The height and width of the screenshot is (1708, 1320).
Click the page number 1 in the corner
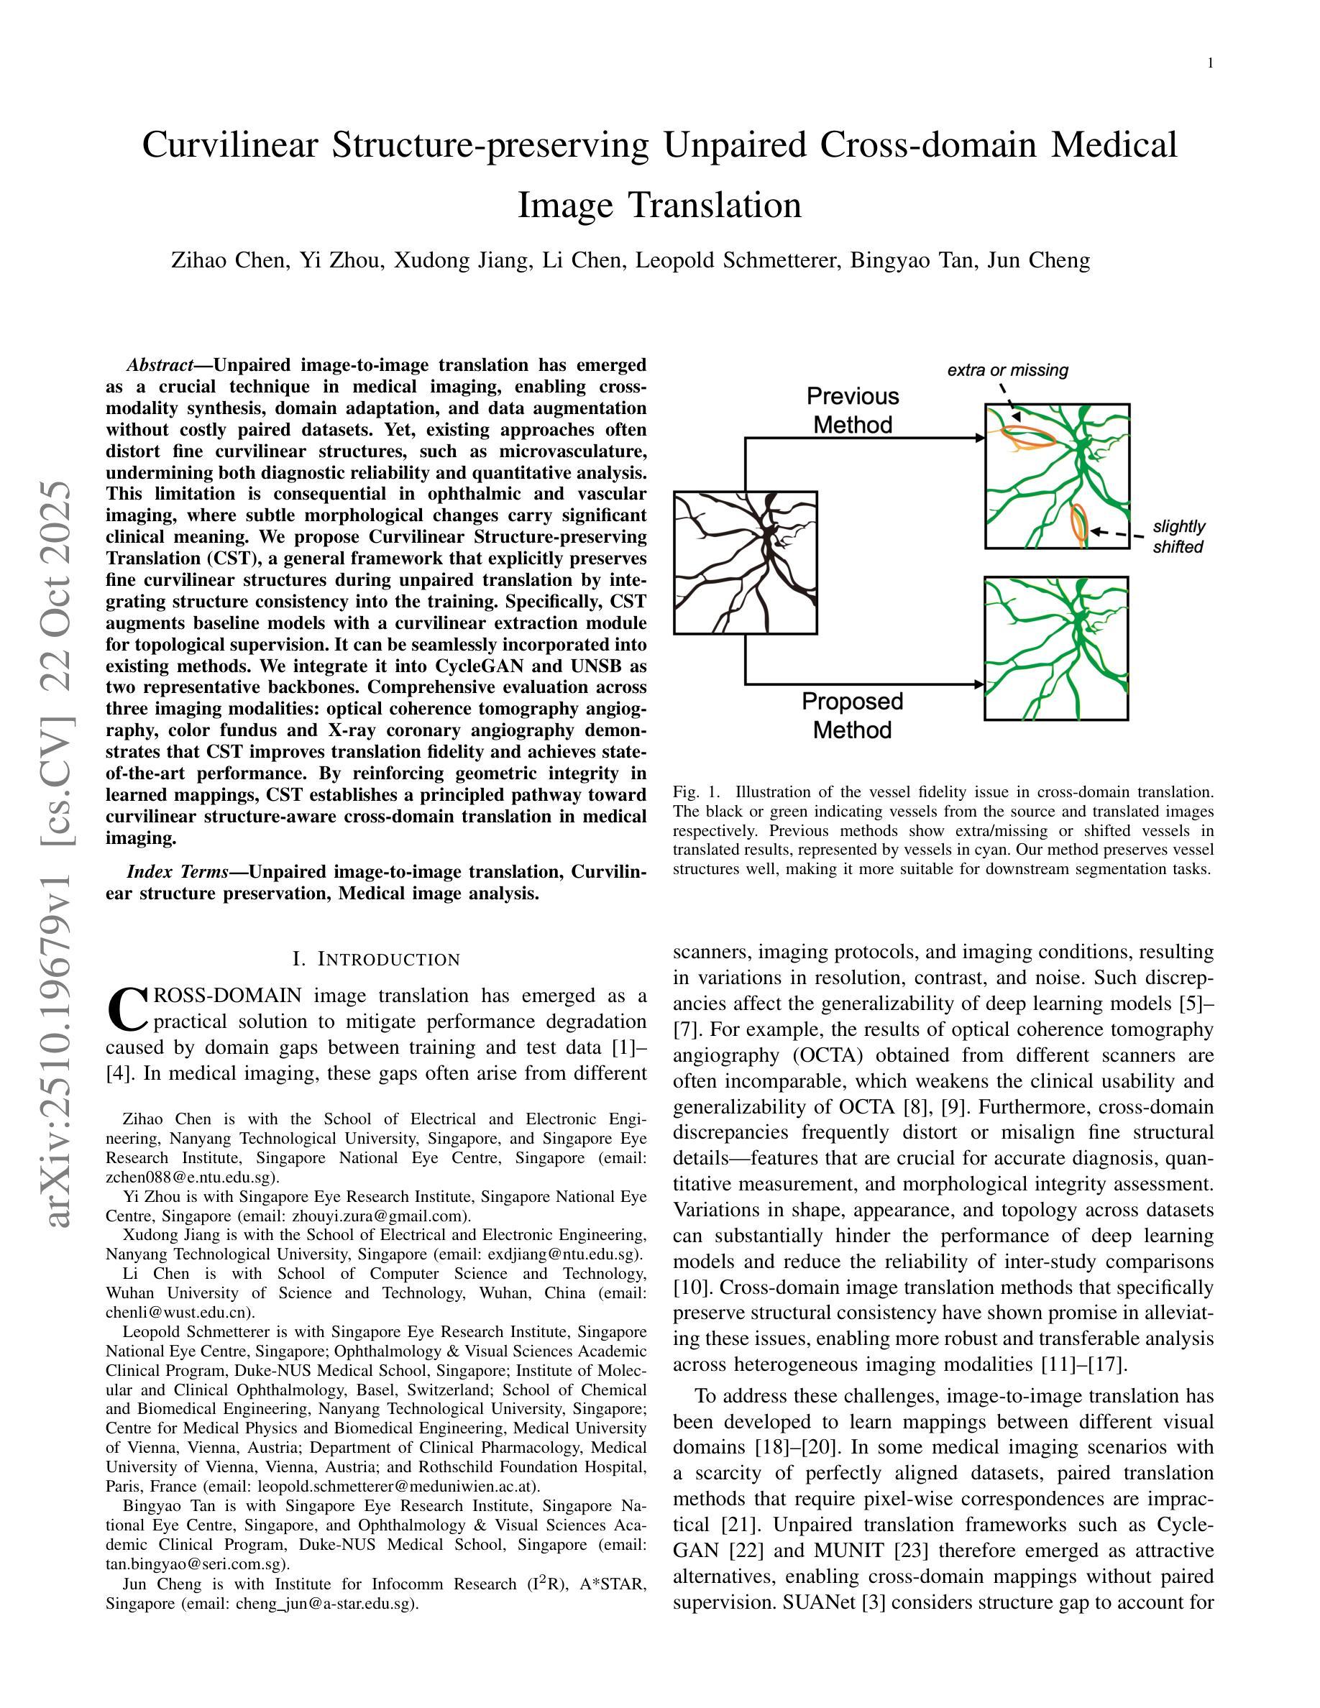click(x=1211, y=64)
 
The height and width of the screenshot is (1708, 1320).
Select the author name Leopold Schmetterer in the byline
click(x=737, y=260)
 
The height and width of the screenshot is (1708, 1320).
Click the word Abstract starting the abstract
click(x=160, y=365)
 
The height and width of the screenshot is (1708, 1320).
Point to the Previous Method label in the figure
click(x=853, y=410)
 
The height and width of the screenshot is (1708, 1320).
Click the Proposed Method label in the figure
click(x=853, y=715)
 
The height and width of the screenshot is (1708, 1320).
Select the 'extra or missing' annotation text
click(x=1007, y=370)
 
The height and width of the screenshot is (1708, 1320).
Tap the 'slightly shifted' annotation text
click(x=1178, y=536)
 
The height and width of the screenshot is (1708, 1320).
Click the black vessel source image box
click(x=746, y=562)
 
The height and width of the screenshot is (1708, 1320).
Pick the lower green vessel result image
click(x=1055, y=648)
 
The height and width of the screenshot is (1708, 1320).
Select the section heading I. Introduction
click(x=376, y=960)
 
